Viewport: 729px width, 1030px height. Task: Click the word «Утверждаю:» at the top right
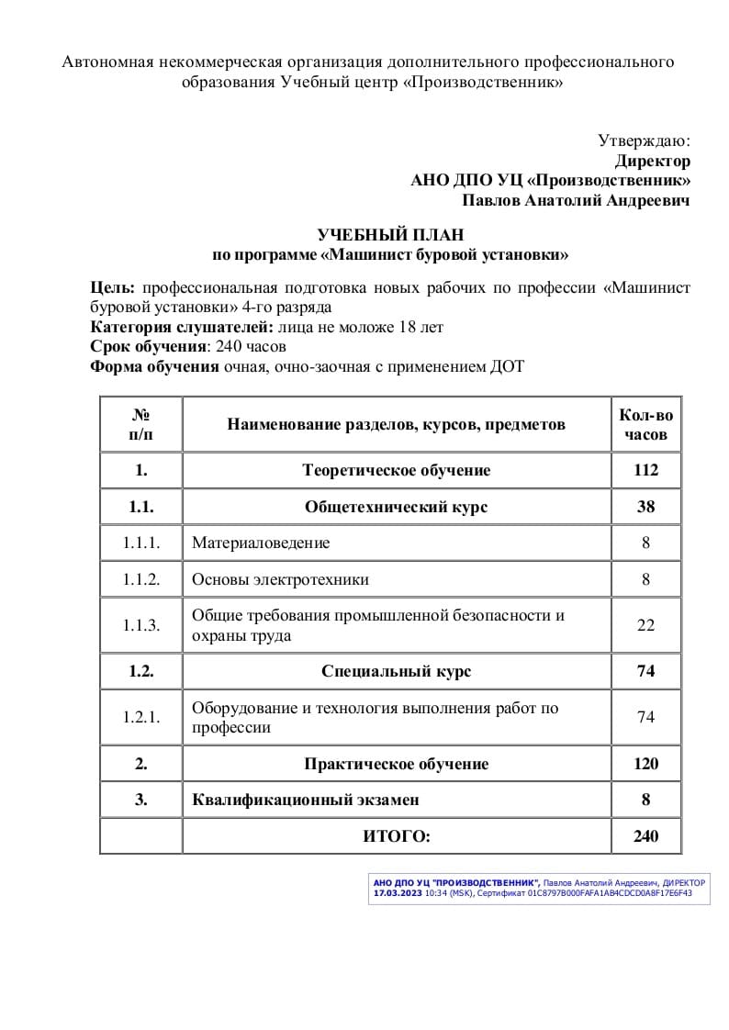point(644,140)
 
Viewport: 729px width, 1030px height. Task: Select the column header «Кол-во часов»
point(645,424)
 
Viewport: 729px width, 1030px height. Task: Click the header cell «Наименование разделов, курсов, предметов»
point(396,424)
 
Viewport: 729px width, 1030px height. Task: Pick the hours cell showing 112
point(645,470)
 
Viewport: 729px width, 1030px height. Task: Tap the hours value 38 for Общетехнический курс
point(645,507)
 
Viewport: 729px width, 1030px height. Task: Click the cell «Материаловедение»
point(261,543)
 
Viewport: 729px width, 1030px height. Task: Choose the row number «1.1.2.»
point(141,579)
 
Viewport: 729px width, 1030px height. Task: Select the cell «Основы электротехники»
point(280,579)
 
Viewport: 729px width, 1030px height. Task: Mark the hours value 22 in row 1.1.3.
point(645,625)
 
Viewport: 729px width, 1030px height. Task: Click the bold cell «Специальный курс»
point(396,671)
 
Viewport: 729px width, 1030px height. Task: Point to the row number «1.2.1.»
point(141,717)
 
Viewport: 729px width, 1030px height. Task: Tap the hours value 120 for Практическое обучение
point(645,764)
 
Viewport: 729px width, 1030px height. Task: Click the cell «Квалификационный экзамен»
point(306,800)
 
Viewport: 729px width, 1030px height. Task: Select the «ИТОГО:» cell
point(396,836)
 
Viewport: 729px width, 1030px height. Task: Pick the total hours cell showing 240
point(645,836)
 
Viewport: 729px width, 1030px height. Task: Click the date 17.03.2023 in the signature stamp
point(392,892)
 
